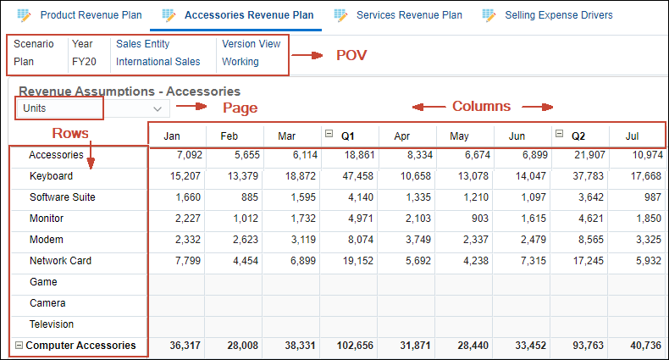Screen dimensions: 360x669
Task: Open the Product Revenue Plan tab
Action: [x=90, y=15]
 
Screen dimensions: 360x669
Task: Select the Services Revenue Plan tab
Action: [x=408, y=15]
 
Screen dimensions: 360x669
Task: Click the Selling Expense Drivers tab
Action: [x=558, y=15]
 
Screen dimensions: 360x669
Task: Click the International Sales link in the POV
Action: [x=158, y=62]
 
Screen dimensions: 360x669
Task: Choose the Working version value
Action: [x=241, y=62]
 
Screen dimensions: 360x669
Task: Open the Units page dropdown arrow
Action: [x=158, y=108]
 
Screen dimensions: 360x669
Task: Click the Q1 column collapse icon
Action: [x=329, y=135]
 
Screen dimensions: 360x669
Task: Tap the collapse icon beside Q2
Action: [x=559, y=135]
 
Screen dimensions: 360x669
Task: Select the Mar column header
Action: [x=286, y=136]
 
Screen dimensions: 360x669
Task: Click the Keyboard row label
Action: [x=51, y=176]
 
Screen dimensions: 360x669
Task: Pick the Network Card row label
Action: [x=60, y=261]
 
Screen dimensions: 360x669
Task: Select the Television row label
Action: [x=52, y=324]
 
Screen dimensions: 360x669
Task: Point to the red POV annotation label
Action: [x=351, y=56]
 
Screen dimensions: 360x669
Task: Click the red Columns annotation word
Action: [x=481, y=107]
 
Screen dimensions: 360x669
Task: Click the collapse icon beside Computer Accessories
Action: [x=19, y=346]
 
